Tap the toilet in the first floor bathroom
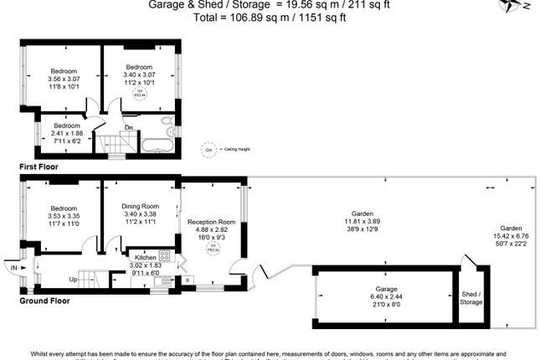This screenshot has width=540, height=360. pos(169,130)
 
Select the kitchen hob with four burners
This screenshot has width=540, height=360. pos(164,255)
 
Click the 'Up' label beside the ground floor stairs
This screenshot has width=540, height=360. pos(74,279)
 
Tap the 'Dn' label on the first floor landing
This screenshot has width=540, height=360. pos(128,127)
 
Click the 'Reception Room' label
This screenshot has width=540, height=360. pos(211,222)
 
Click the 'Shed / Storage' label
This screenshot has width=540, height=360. pos(472,297)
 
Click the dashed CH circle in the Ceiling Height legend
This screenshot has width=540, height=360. pos(207,149)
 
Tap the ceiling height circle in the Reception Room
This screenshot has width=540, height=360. pos(212,246)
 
